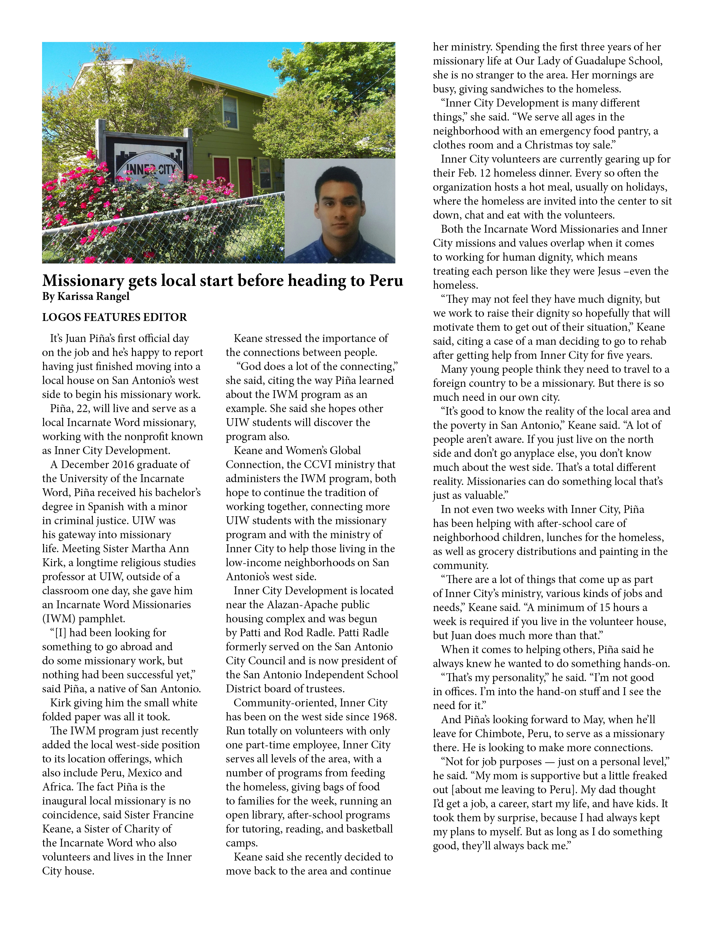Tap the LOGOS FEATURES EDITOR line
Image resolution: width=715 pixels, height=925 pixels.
coord(114,317)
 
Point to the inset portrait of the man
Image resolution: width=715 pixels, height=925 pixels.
coord(340,211)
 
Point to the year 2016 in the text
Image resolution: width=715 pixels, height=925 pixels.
coord(126,465)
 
